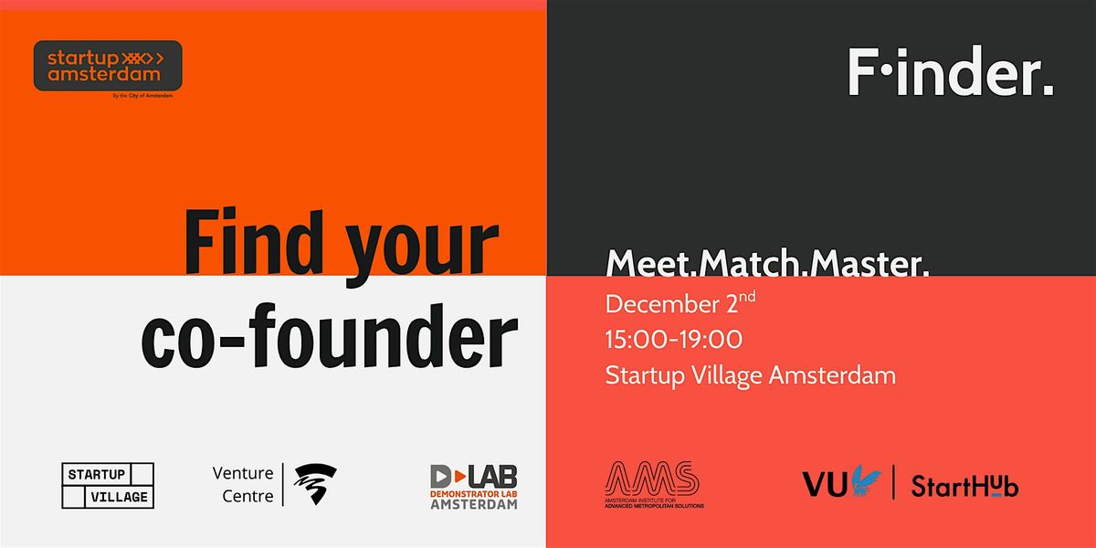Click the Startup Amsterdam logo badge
(108, 66)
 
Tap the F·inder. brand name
(951, 72)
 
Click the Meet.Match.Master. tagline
(767, 265)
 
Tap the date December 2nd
(680, 304)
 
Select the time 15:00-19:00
(674, 340)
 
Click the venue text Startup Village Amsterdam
(750, 374)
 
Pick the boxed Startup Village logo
(108, 485)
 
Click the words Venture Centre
(242, 485)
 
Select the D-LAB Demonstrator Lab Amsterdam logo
(473, 487)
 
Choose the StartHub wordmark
(964, 486)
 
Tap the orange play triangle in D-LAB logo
(440, 476)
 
